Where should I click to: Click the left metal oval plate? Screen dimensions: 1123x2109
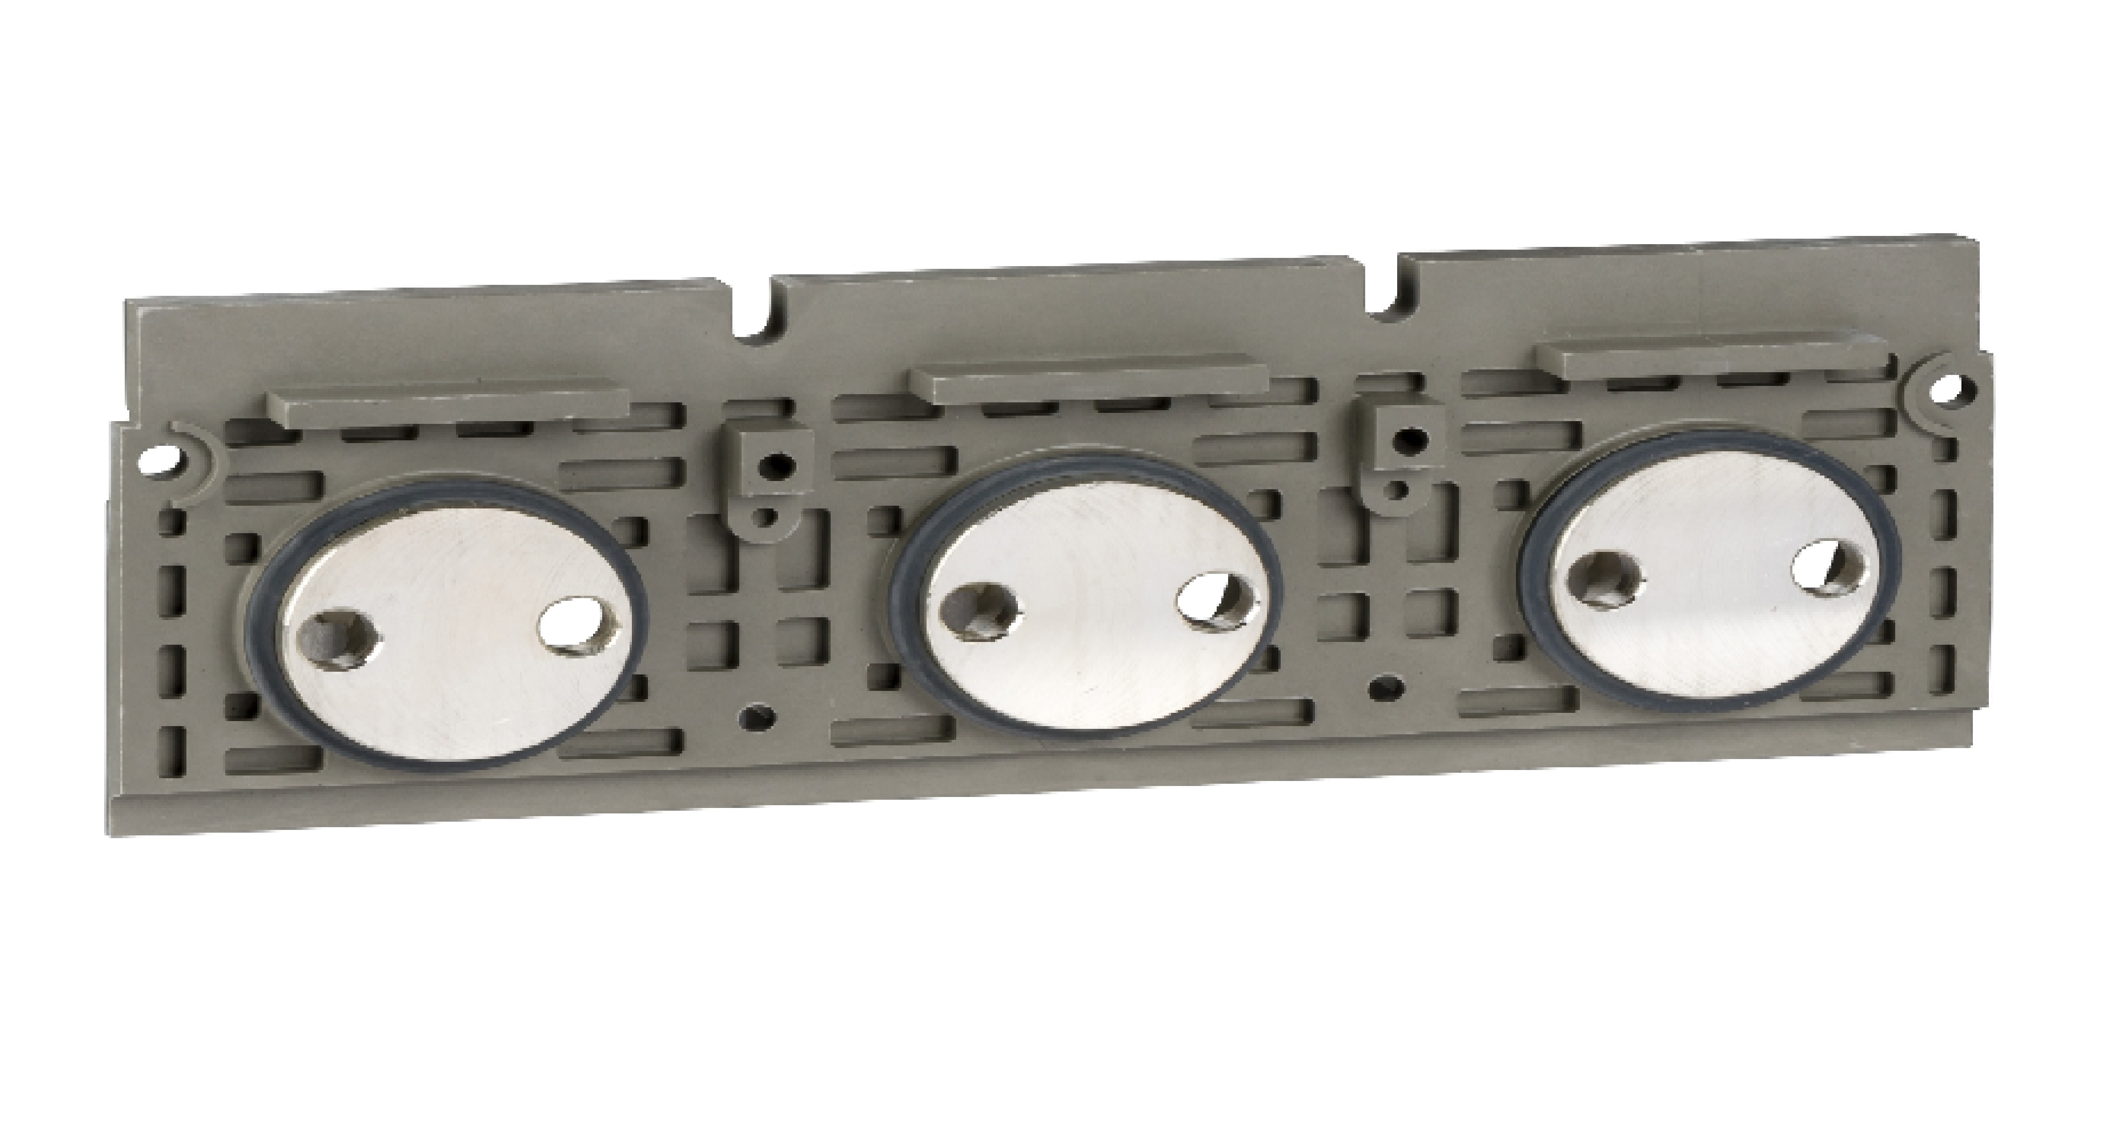tap(447, 622)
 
